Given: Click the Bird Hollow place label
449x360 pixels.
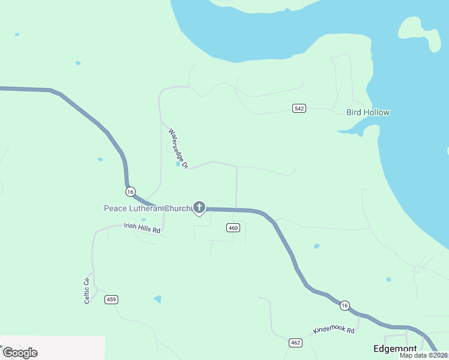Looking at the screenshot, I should [x=368, y=112].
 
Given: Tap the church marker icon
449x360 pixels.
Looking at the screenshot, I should [x=199, y=208].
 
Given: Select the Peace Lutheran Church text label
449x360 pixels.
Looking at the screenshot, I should [x=146, y=209].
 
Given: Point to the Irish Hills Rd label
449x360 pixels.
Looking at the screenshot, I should [x=142, y=228].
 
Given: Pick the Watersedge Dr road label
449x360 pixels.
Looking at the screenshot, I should [x=179, y=148].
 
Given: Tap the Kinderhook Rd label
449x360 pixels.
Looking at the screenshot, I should [x=334, y=331].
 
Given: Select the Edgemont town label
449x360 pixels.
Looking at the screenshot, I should [x=394, y=349].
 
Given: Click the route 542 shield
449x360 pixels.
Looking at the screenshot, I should [x=300, y=108].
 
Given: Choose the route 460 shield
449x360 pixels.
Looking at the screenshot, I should [x=234, y=227].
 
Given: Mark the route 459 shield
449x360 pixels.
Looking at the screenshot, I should [x=111, y=299].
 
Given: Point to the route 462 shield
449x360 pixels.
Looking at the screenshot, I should [x=295, y=343].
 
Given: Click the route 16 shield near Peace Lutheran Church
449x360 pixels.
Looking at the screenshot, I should [x=130, y=191].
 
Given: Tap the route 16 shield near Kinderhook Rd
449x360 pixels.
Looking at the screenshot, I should [x=343, y=305].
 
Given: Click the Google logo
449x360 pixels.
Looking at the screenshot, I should [x=20, y=353].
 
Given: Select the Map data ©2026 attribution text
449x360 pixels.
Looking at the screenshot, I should [x=423, y=355].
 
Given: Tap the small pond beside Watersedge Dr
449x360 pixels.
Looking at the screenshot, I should [x=178, y=163].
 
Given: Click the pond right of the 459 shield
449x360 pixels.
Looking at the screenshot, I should [x=157, y=299].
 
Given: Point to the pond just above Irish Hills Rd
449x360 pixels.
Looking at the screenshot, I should [x=143, y=220].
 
